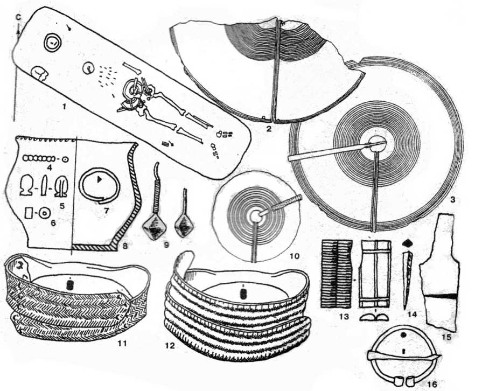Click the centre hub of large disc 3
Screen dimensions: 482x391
point(376,143)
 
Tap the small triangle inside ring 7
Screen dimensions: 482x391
point(100,177)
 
